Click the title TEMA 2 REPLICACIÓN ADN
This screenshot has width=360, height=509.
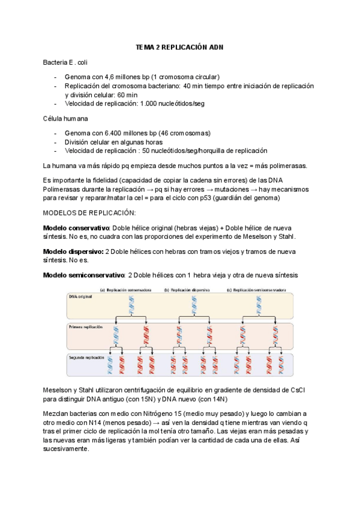(180, 47)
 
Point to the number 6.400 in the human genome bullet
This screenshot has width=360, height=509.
(115, 133)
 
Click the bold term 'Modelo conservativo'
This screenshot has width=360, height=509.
(74, 228)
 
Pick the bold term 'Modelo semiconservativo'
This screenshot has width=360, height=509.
(83, 275)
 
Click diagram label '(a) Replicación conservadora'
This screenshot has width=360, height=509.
(126, 289)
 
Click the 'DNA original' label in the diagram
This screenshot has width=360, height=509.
(82, 297)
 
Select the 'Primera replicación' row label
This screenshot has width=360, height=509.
(86, 328)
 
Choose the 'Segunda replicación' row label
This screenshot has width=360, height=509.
(86, 357)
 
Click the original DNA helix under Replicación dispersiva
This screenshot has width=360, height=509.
(194, 304)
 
